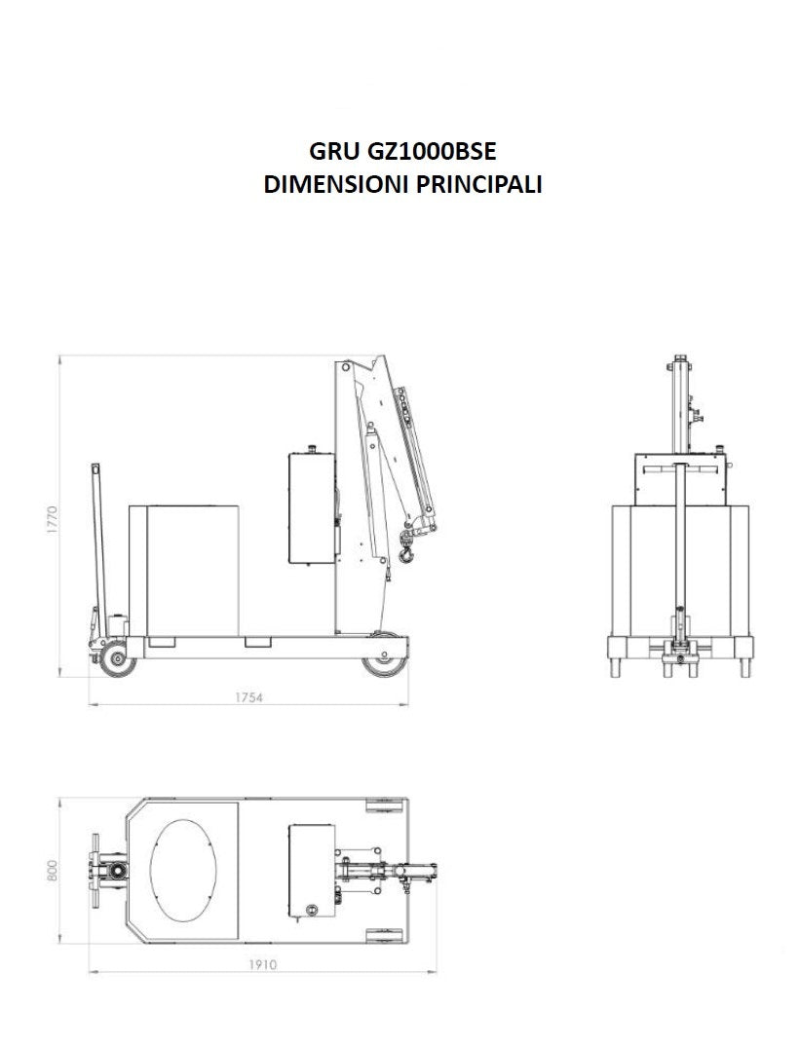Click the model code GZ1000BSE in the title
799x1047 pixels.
[x=432, y=152]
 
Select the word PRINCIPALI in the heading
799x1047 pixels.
[x=479, y=184]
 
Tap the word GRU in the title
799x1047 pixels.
[x=334, y=152]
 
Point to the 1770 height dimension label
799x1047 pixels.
[x=52, y=519]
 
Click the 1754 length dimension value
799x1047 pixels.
[x=248, y=697]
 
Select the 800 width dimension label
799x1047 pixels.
[x=53, y=870]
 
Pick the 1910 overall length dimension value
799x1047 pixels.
[x=262, y=964]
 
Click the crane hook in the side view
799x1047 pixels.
[x=405, y=549]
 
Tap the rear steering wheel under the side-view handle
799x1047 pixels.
[x=118, y=660]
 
